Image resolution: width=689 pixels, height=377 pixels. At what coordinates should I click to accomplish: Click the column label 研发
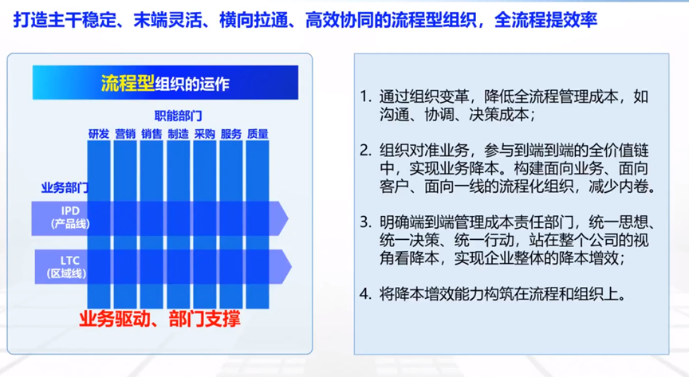99,134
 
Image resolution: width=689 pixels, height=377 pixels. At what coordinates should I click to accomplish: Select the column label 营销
125,134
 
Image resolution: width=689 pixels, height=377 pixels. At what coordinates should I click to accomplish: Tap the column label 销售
152,134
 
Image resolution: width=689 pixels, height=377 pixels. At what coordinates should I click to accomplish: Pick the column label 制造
178,134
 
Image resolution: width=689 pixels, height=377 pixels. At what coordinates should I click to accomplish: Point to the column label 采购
205,134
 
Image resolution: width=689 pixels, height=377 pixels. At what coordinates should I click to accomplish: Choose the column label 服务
231,134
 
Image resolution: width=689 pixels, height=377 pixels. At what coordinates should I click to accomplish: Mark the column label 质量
258,134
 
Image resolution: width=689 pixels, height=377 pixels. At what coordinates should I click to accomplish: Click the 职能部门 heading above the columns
178,116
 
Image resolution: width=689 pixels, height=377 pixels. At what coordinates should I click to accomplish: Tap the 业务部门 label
65,187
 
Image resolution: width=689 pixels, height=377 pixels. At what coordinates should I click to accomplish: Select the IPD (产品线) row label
70,218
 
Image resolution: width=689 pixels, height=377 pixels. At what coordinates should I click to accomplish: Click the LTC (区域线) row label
67,267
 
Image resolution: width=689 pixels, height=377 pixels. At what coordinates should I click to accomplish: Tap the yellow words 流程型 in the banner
128,83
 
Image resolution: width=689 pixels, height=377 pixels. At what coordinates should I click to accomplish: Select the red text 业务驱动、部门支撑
159,319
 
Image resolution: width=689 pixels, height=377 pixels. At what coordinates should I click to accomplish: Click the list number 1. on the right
365,96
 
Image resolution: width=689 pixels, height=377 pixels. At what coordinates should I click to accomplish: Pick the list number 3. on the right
365,222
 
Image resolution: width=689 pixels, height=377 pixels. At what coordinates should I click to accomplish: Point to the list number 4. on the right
365,294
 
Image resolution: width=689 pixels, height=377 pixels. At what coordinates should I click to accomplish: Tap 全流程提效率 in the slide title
545,20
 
